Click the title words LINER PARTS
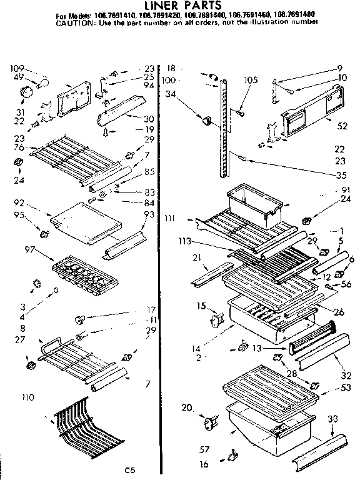click(x=181, y=6)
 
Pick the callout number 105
click(x=251, y=79)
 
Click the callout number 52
click(x=342, y=126)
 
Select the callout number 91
click(x=346, y=191)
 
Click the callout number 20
click(x=186, y=408)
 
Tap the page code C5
click(x=129, y=469)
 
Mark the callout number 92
click(x=18, y=203)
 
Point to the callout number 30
click(x=148, y=119)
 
